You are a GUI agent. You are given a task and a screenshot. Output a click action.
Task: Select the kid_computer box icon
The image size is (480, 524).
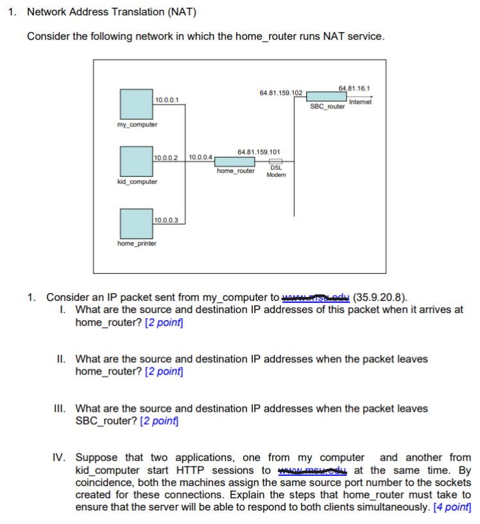tap(135, 161)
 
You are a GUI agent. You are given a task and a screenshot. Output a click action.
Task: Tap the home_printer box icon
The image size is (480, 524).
tap(135, 223)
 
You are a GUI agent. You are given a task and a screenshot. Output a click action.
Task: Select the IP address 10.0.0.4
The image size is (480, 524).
tap(200, 157)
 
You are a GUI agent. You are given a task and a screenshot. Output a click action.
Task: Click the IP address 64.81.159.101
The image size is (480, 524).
tap(258, 152)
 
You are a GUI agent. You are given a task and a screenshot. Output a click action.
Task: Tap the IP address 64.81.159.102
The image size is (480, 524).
tap(280, 93)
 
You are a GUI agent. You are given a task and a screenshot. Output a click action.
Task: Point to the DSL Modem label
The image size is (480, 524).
tap(276, 171)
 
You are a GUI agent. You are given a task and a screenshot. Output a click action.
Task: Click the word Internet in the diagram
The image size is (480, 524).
tap(360, 101)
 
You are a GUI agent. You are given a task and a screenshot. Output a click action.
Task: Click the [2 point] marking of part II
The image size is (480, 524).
tap(164, 371)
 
